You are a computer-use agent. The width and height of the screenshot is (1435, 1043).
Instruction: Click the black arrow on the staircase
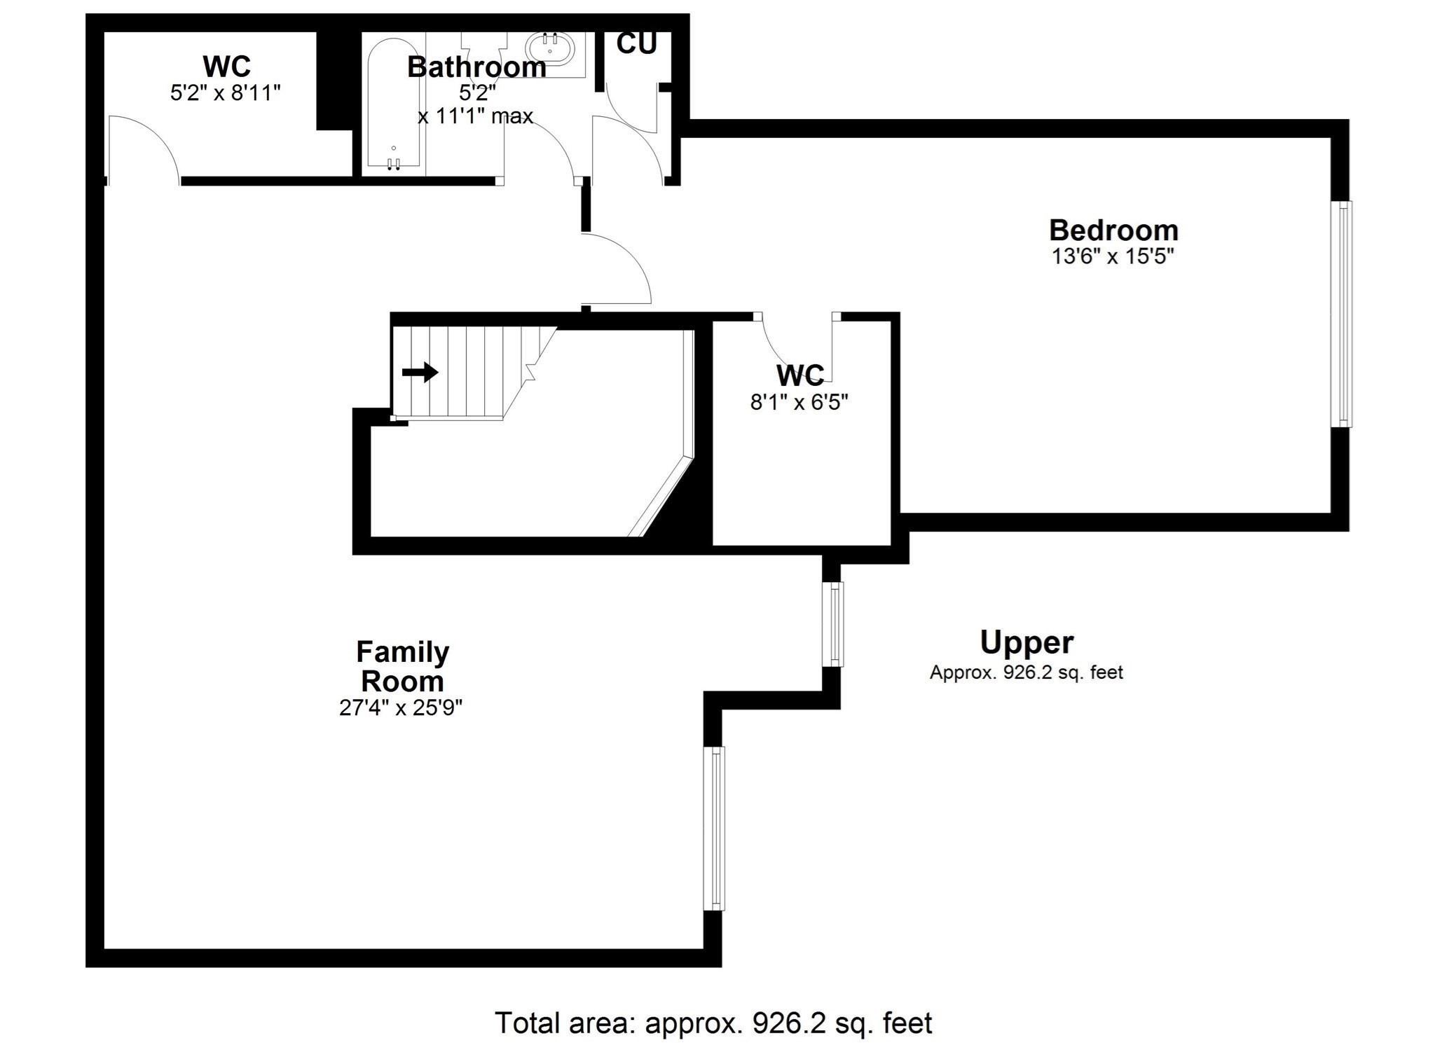coord(420,372)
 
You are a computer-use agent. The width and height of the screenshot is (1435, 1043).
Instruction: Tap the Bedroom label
coord(1113,230)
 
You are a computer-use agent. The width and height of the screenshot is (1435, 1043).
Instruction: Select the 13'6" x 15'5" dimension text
coord(1113,256)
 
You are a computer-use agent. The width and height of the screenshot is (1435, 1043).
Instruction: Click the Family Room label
coord(402,666)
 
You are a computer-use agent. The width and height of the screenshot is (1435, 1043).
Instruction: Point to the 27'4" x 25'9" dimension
coord(401,708)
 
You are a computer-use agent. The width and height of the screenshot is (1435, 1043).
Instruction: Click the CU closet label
coord(636,44)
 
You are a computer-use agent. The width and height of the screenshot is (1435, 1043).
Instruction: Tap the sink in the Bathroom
coord(551,48)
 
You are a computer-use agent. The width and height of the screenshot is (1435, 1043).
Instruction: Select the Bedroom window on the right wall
coord(1342,314)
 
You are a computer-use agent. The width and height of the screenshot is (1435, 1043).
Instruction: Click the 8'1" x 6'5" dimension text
coord(799,402)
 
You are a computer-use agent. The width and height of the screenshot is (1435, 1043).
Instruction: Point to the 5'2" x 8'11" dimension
coord(226,92)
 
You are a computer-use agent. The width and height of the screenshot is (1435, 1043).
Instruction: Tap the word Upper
coord(1027,642)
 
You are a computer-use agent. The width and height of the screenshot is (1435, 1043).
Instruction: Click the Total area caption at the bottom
coord(713,1023)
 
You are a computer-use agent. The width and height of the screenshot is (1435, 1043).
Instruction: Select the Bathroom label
coord(476,67)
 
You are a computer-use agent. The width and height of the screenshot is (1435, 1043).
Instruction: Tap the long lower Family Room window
coord(714,829)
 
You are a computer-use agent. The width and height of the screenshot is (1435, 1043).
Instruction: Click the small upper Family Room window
coord(834,624)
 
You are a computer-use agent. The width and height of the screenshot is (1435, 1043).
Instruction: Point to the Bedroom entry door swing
coord(617,270)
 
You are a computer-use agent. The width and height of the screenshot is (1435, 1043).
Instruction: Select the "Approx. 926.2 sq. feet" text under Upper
coord(1026,672)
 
